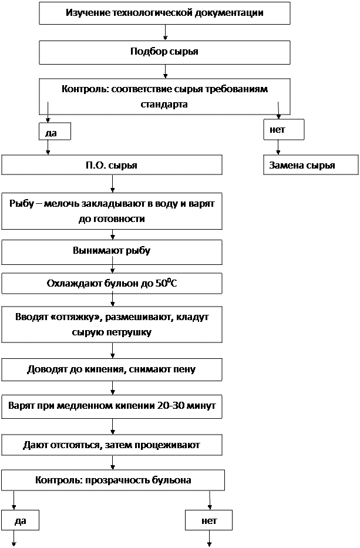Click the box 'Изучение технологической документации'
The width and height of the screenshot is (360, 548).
(164, 13)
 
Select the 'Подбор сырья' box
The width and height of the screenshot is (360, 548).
(164, 52)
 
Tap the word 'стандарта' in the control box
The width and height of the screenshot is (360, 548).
(164, 104)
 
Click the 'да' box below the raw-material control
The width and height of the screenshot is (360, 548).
(54, 132)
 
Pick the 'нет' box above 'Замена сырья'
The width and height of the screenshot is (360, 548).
(284, 130)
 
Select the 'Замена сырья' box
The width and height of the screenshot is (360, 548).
(310, 165)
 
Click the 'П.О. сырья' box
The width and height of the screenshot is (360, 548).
(112, 165)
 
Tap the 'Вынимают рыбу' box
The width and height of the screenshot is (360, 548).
(112, 251)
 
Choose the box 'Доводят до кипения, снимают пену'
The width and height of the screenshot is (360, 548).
(112, 370)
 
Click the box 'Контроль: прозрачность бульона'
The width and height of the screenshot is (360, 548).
(113, 480)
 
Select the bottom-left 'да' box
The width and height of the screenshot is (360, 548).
(20, 520)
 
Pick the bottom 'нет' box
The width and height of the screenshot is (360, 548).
(208, 520)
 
